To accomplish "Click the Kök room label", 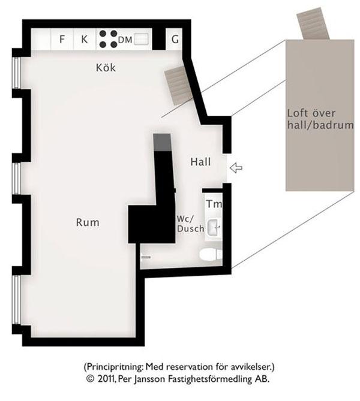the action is [106, 68].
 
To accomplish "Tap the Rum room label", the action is [88, 222].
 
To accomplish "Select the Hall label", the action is [201, 162].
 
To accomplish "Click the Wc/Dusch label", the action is [190, 224].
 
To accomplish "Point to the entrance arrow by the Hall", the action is [236, 168].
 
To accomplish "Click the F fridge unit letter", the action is [62, 40].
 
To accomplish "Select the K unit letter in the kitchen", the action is [84, 40].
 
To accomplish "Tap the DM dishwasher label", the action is [125, 40].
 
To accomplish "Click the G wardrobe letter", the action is [175, 40].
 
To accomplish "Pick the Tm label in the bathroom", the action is [214, 204].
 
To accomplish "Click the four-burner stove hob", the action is [108, 39].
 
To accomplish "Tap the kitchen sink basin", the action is [141, 40].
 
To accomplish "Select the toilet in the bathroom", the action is [211, 255].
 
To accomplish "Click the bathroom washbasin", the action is [213, 227].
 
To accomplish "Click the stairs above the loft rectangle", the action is [313, 23].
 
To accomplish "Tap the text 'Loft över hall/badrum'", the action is [320, 119].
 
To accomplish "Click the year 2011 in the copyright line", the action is [105, 379].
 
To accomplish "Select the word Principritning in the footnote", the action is [115, 367].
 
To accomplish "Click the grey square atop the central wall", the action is [162, 142].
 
